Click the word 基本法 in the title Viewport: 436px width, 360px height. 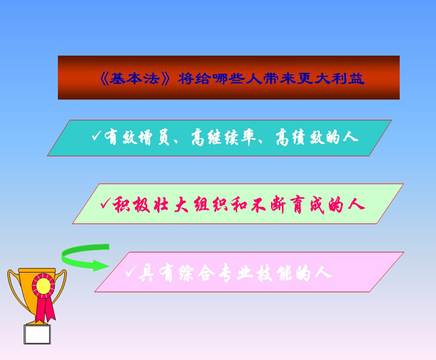(x=134, y=79)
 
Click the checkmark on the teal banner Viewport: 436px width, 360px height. (x=97, y=135)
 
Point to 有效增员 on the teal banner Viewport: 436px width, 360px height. (x=137, y=137)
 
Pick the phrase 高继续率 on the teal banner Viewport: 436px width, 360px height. (x=223, y=137)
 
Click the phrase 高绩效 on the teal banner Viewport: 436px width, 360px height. (x=301, y=137)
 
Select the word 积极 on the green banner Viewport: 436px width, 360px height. (x=131, y=205)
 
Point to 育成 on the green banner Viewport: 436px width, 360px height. (x=307, y=205)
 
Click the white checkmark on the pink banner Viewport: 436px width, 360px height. (x=130, y=272)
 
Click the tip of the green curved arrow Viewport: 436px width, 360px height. (x=108, y=266)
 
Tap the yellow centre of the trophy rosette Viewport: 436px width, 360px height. (x=43, y=286)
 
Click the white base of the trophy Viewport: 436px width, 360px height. (x=37, y=335)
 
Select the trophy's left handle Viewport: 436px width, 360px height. (x=16, y=289)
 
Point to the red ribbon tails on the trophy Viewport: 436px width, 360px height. (x=45, y=309)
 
